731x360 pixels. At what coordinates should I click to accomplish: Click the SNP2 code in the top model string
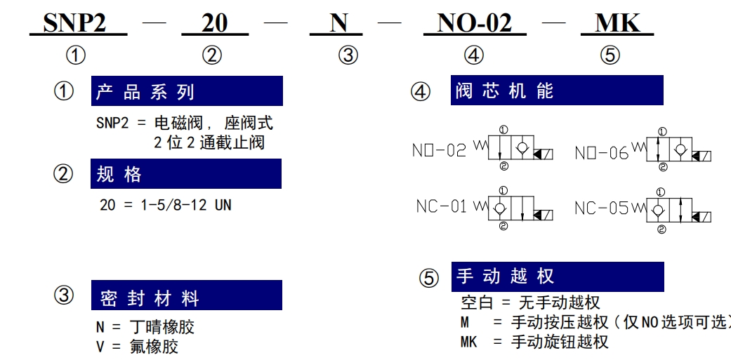coord(74,23)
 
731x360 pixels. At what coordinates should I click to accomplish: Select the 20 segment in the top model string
coord(214,23)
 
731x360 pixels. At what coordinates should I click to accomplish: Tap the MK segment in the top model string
coord(618,23)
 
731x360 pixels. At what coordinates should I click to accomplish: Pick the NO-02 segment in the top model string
coord(474,23)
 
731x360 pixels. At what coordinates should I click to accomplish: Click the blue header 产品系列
coord(187,91)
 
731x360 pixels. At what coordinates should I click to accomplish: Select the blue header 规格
coord(186,174)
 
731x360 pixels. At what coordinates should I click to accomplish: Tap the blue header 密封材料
coord(187,295)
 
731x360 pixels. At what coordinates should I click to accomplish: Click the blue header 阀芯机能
coord(557,91)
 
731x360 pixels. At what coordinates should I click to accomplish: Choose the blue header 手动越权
coord(558,276)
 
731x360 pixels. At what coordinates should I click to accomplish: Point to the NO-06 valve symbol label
coord(602,153)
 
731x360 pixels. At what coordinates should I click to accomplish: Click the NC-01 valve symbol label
coord(441,206)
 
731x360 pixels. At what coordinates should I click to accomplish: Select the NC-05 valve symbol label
coord(601,208)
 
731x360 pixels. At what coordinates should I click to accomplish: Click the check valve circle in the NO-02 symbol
coord(522,147)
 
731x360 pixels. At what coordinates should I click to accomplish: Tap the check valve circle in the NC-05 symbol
coord(658,211)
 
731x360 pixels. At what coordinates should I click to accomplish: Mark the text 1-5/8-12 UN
coord(186,205)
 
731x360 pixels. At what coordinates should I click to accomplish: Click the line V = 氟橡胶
coord(137,347)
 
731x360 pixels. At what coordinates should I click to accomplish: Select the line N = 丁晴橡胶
coord(145,327)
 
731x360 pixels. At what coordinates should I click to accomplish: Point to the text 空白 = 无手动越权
coord(530,303)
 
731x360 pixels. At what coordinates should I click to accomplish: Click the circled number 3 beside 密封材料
coord(63,295)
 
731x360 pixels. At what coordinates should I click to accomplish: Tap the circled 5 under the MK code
coord(610,56)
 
